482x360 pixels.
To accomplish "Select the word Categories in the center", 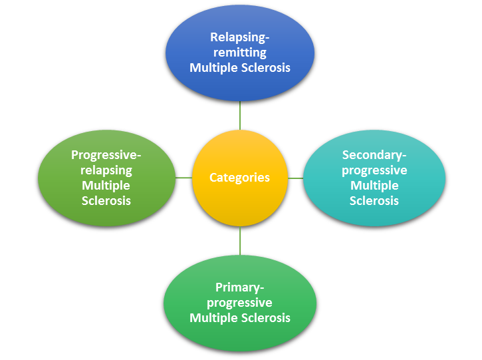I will coord(240,178).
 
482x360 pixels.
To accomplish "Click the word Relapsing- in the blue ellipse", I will coord(240,37).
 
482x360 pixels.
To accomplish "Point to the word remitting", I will coord(240,53).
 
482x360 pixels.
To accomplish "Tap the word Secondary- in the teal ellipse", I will coord(374,155).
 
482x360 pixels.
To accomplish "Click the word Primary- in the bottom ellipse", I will coord(240,287).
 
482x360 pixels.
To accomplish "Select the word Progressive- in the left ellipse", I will coord(106,155).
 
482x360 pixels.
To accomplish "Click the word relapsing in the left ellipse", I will coord(106,170).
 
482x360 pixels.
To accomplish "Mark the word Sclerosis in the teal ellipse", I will coord(374,200).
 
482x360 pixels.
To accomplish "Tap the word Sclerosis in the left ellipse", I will coord(106,200).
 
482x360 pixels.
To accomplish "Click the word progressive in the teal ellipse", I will coord(374,170).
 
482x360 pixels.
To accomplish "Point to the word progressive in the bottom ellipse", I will coord(240,303).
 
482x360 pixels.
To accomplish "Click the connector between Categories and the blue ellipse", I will coord(240,116).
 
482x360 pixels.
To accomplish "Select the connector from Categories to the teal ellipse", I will coord(296,178).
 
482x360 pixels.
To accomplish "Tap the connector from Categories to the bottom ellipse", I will coord(240,240).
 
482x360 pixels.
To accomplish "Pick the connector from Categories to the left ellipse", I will coord(183,178).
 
